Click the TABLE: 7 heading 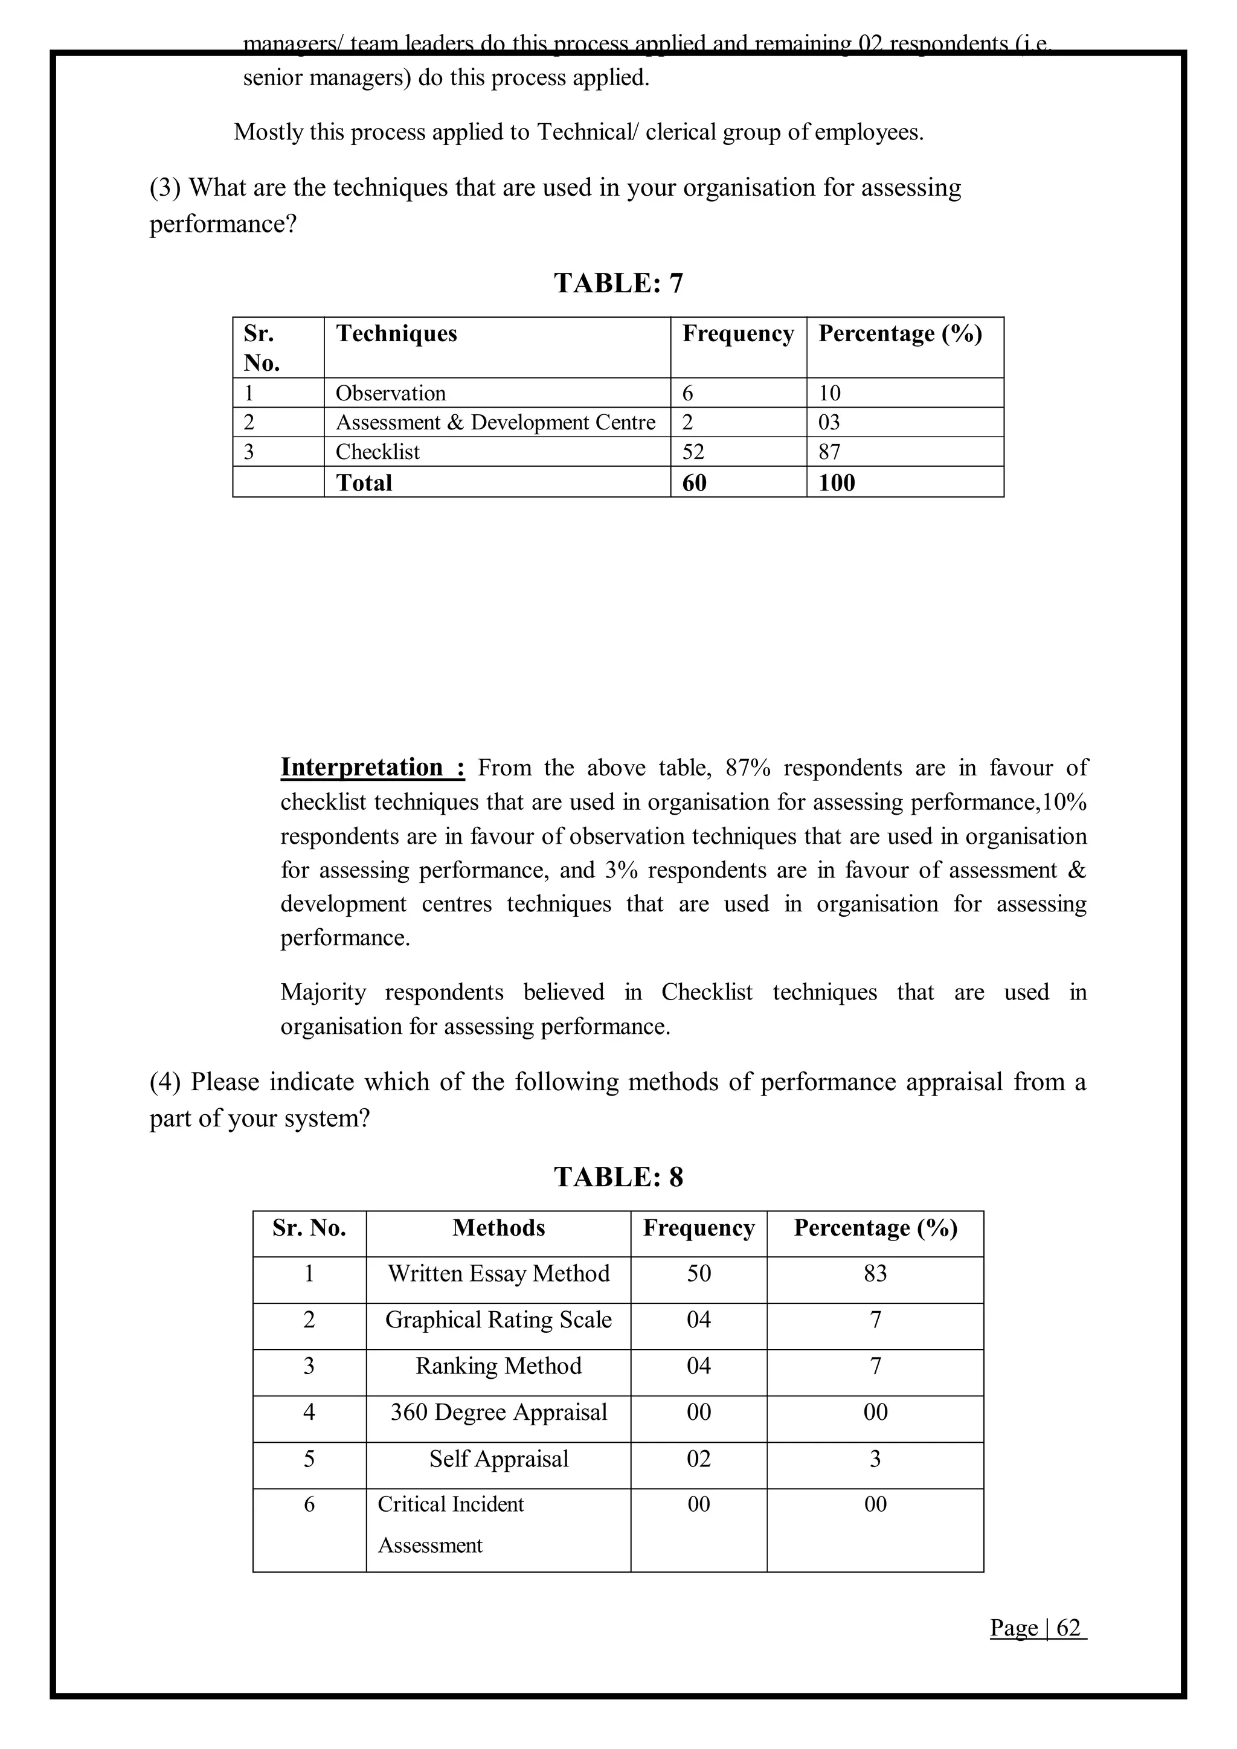(618, 283)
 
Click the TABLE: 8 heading (618, 1177)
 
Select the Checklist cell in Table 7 (377, 452)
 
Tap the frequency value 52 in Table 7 (693, 452)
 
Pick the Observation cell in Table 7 (391, 393)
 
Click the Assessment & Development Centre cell (495, 422)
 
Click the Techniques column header (396, 333)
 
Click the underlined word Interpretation (362, 767)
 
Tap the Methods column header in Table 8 (498, 1228)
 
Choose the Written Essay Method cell (498, 1274)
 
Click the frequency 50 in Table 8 (698, 1274)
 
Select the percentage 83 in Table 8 (875, 1274)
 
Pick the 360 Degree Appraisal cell (498, 1412)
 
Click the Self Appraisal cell (498, 1459)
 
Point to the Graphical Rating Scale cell (498, 1320)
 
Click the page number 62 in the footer (1068, 1628)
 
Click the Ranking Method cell (498, 1366)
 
